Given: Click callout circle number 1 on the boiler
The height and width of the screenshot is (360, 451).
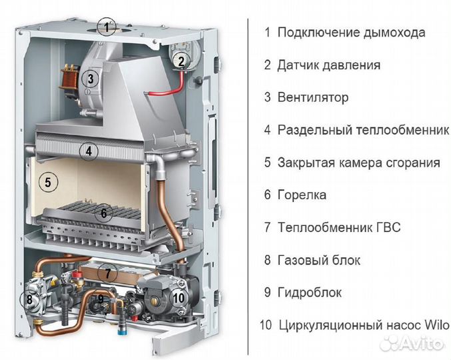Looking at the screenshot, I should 105,27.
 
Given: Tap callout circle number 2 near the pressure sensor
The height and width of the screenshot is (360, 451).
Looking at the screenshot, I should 181,61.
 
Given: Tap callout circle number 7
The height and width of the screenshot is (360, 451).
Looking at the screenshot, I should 106,273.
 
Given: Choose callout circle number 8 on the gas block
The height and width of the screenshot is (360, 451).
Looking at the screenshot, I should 29,299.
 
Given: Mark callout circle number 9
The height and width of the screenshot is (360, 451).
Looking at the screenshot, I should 101,299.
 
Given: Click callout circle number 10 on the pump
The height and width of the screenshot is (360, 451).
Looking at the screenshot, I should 177,297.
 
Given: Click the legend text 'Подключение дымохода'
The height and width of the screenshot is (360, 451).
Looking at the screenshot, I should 351,32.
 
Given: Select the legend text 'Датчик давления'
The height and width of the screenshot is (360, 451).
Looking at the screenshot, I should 329,65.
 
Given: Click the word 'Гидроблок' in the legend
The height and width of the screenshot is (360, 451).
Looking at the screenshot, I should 310,293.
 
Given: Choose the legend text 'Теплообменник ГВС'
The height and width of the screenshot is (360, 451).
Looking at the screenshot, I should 339,227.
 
